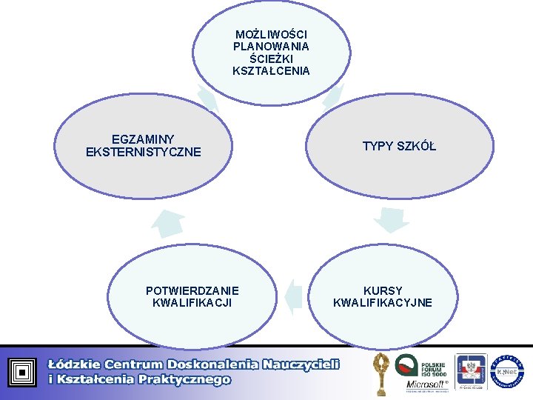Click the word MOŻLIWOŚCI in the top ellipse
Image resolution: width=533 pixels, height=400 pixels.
point(271,35)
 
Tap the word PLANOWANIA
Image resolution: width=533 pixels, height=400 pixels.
point(271,47)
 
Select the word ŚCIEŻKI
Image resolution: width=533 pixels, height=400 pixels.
point(271,59)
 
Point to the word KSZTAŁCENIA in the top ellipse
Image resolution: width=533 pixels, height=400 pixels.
point(271,71)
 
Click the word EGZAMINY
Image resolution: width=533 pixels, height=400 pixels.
point(143,139)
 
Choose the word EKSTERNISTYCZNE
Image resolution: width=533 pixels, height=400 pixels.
point(143,152)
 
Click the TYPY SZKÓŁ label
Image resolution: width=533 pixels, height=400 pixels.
point(399,146)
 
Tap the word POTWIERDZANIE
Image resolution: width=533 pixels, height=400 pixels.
point(192,290)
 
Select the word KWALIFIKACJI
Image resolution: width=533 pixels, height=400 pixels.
point(192,302)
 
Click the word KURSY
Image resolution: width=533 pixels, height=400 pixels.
point(383,290)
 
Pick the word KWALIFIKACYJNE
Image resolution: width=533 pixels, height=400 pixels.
point(383,302)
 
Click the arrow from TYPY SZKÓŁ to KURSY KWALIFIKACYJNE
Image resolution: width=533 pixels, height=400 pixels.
point(390,219)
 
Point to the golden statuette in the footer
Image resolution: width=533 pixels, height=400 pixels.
point(382,370)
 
